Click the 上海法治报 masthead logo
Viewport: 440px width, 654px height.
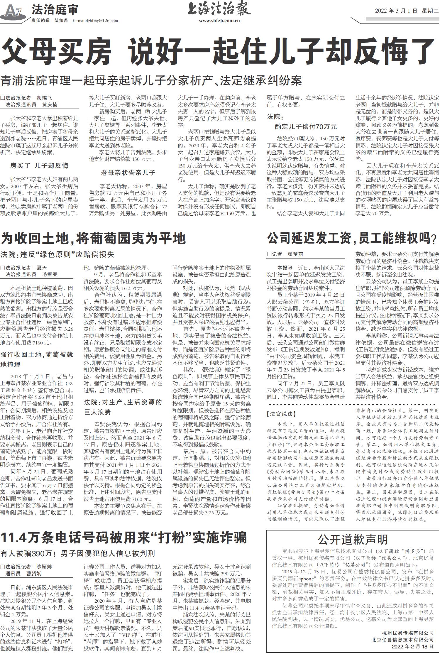tap(219, 9)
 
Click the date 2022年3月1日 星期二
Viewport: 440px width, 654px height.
tap(407, 11)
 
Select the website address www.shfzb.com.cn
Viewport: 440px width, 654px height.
tap(219, 21)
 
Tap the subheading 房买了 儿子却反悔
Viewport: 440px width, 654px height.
tap(39, 166)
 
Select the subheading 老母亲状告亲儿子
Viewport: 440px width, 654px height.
tap(128, 173)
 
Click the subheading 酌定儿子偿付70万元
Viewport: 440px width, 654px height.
tap(306, 127)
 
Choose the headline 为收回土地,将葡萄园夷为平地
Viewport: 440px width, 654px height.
tap(93, 238)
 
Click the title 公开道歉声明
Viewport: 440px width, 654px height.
tap(353, 539)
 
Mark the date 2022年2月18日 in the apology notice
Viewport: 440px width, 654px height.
tap(412, 646)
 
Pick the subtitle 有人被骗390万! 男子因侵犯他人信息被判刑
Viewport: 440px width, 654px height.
tap(77, 554)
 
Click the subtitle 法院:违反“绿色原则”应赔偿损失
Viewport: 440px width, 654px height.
tap(57, 254)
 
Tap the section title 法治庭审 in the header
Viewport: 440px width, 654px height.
tap(55, 10)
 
